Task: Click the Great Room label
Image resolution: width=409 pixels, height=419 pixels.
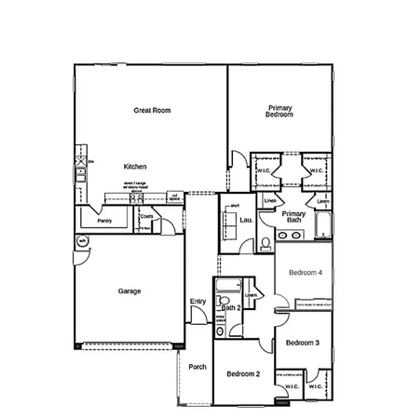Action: point(149,110)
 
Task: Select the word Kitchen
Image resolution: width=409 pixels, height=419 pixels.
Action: point(135,166)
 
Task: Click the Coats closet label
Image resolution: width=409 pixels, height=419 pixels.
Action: point(146,218)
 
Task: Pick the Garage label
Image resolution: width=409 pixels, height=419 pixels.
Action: point(130,291)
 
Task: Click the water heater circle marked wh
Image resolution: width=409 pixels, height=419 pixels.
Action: point(81,241)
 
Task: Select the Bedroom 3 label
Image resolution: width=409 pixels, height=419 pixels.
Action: point(302,343)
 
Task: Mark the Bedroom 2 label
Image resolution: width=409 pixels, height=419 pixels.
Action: point(243,373)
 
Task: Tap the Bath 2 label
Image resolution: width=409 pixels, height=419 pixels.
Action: point(231,306)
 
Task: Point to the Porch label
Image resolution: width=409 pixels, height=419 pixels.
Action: point(198,366)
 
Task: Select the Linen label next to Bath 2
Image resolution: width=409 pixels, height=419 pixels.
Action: point(251,294)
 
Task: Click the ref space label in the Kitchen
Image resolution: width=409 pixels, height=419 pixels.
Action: point(174,196)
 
